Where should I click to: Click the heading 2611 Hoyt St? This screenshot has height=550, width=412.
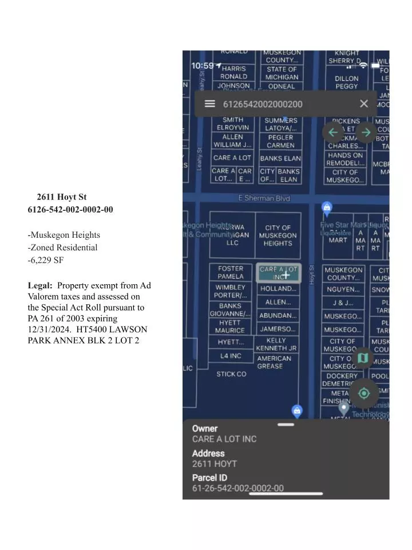(x=62, y=197)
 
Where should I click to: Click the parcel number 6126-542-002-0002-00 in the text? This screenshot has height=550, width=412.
(x=70, y=210)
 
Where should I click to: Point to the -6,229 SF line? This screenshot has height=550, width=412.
(x=46, y=260)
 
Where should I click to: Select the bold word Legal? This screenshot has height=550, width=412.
(x=40, y=285)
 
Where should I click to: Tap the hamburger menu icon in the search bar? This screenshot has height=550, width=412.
(x=210, y=104)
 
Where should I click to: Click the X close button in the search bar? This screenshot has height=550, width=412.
(x=364, y=104)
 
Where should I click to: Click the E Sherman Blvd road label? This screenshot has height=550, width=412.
(x=264, y=198)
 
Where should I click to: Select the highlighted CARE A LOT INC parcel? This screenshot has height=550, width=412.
(x=279, y=273)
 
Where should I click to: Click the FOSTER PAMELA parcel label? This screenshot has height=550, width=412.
(x=231, y=272)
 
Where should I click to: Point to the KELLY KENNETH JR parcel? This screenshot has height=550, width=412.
(x=276, y=344)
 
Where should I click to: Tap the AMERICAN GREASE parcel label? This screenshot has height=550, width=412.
(x=274, y=362)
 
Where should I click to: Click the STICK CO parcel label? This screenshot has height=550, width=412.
(x=231, y=374)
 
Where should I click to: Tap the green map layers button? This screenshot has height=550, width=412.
(x=362, y=359)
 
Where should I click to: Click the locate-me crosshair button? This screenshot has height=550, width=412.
(x=363, y=393)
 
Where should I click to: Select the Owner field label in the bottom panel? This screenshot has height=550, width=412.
(x=205, y=429)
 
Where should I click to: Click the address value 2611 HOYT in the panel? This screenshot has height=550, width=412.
(x=215, y=463)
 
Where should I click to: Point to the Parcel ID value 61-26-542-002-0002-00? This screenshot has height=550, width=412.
(x=237, y=488)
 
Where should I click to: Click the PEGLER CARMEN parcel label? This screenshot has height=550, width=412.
(x=280, y=142)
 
